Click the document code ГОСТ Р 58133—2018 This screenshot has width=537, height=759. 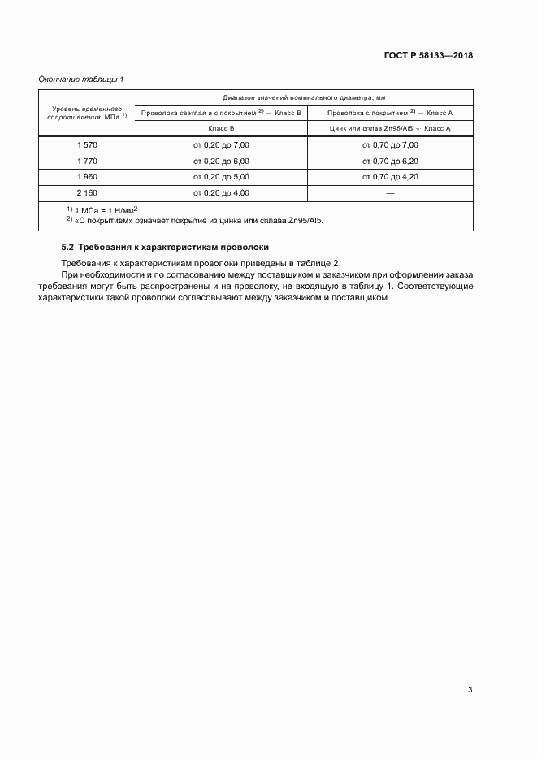point(427,56)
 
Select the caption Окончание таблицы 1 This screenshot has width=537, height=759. point(81,79)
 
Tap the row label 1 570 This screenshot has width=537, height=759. point(86,144)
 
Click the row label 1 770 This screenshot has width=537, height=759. point(86,161)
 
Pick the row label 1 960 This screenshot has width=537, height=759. point(86,177)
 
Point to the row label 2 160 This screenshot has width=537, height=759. point(86,193)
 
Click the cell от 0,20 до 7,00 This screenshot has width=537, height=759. point(221,144)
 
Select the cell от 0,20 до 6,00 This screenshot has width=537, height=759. point(221,161)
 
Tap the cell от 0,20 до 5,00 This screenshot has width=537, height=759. point(221,177)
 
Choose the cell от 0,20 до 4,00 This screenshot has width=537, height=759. point(221,193)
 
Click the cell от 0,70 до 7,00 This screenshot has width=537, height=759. point(390,144)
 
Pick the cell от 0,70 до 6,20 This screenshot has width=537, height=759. point(390,161)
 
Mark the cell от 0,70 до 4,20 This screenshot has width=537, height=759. point(390,177)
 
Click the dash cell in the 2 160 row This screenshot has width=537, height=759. point(390,193)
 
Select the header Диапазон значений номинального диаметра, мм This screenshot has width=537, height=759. point(305,97)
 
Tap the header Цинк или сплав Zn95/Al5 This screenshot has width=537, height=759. point(390,128)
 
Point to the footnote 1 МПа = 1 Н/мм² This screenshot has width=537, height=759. point(102,210)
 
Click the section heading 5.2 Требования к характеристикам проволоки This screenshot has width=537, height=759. point(165,247)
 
